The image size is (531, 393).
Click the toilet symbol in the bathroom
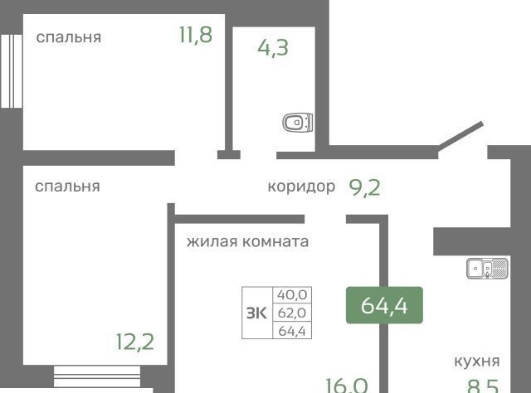coord(298,122)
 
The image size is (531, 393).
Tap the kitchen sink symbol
coord(487,268)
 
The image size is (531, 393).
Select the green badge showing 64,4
coord(384,305)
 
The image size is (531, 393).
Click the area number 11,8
coord(196,35)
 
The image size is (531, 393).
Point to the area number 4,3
coord(273,48)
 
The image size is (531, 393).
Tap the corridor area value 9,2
coord(365,188)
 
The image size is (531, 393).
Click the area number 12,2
coord(135,342)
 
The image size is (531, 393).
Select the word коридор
coord(301,187)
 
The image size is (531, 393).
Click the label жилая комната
coord(247,242)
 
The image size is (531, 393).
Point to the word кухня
coord(477,361)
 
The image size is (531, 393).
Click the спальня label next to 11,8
coord(69,37)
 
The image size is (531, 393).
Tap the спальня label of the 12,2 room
coord(67,187)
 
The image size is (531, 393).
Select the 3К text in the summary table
coord(256,313)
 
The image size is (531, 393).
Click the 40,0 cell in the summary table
coord(292,295)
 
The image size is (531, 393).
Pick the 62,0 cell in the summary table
coord(292,313)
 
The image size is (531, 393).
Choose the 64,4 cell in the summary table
coord(292,331)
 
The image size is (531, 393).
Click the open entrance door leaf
coord(461,136)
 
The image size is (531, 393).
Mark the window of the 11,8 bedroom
coord(12,71)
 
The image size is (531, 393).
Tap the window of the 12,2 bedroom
coord(97,376)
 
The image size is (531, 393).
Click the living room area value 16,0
coord(347,386)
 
